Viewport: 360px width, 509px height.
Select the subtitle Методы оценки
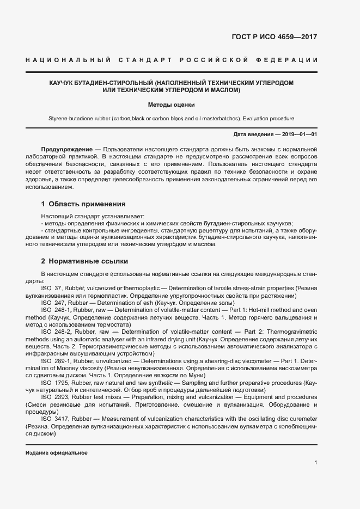click(x=171, y=104)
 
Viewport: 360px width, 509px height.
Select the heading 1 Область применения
click(x=83, y=204)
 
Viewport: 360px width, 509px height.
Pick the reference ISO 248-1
click(x=54, y=309)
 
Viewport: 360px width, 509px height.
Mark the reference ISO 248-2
click(x=54, y=330)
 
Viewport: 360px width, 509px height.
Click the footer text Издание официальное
click(x=57, y=453)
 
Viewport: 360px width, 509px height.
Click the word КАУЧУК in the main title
click(x=64, y=82)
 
